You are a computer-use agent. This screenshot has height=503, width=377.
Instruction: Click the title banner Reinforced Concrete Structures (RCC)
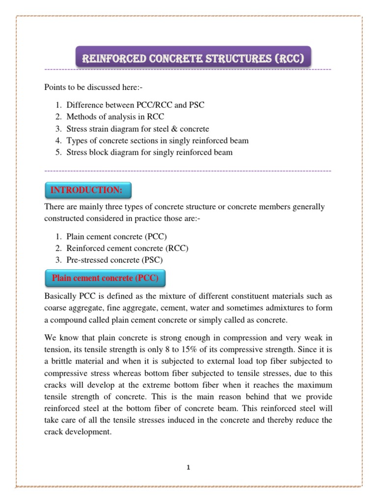click(193, 59)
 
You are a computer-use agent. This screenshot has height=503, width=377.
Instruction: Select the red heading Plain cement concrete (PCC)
click(105, 279)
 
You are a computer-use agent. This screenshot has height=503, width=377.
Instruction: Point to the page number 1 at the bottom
click(188, 468)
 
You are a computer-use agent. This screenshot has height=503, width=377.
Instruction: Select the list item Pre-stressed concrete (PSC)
click(115, 259)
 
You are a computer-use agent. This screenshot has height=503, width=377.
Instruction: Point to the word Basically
click(61, 296)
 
